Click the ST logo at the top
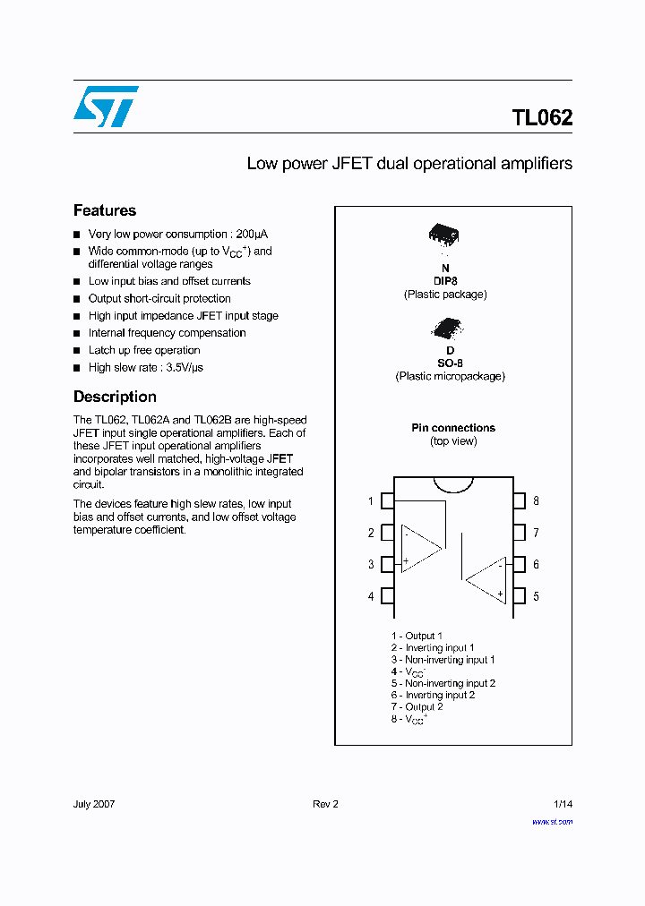point(107,107)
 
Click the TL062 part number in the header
point(542,118)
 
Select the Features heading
point(105,210)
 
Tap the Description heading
point(115,397)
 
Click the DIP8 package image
point(443,235)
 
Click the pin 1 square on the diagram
point(388,500)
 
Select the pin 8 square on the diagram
point(519,500)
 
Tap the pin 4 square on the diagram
point(388,595)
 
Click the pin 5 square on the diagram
point(519,595)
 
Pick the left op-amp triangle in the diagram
point(420,547)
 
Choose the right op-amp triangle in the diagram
point(486,579)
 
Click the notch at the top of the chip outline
point(453,484)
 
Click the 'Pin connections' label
point(453,428)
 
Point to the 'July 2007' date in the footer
point(94,804)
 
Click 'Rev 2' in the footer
point(325,804)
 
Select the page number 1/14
point(563,804)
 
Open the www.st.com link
point(552,821)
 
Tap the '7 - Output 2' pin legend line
point(417,706)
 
